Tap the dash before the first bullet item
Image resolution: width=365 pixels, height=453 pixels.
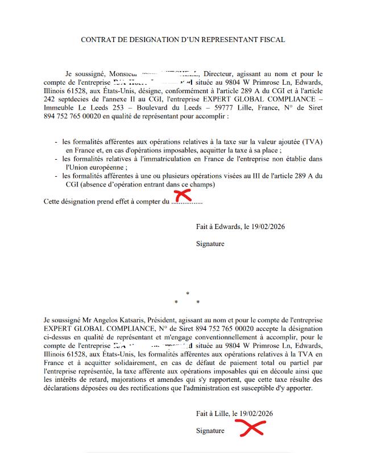coord(56,141)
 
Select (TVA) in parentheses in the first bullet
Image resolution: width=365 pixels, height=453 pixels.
coord(310,141)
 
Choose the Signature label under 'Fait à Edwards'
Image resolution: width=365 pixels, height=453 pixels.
coord(210,244)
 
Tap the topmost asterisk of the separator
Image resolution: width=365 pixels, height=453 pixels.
coord(187,293)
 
